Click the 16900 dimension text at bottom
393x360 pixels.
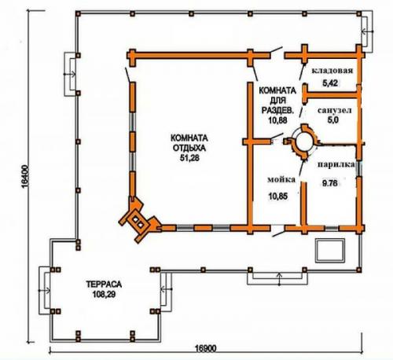206,348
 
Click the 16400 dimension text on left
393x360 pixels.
25,176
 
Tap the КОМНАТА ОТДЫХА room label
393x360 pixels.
189,143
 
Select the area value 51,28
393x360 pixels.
189,158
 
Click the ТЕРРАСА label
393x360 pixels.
104,284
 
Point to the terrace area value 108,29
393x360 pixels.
104,295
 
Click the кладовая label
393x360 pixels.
332,71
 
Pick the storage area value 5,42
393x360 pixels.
330,83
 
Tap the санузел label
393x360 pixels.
334,110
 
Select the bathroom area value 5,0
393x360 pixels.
332,119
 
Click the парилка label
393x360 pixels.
336,164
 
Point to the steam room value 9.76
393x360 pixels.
330,183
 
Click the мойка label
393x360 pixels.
281,179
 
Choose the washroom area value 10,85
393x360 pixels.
278,196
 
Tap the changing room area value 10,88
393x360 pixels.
277,120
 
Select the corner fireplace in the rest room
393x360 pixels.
138,220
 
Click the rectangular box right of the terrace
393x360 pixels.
330,251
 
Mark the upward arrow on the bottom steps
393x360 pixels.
279,279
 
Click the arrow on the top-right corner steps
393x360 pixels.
367,31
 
